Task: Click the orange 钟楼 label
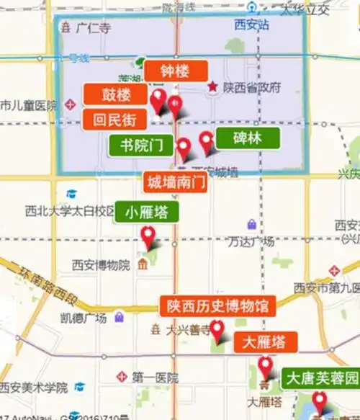point(176,71)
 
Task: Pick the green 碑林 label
point(247,139)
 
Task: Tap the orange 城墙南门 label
point(176,181)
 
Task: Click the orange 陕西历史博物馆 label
point(217,305)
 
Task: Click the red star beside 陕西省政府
point(212,87)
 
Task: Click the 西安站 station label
point(251,24)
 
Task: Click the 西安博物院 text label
point(101,264)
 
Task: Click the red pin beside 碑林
point(207,141)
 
